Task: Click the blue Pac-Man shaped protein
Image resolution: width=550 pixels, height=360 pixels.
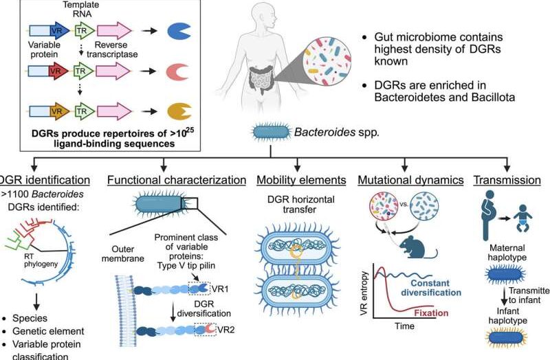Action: coord(180,31)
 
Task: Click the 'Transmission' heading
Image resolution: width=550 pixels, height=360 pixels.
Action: coord(507,181)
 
